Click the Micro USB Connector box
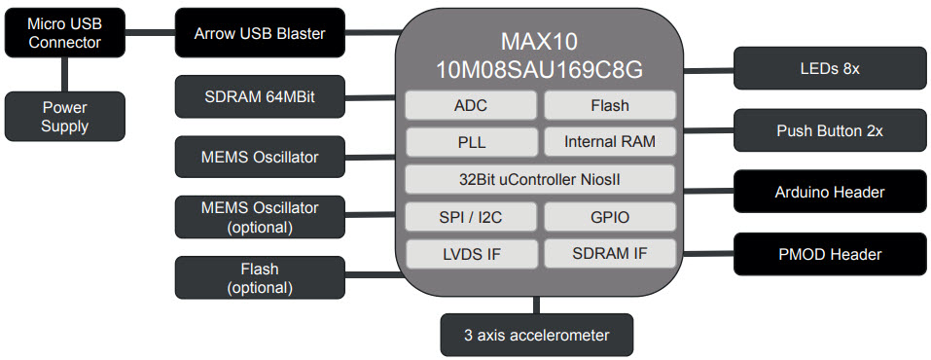(64, 33)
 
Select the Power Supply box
(64, 116)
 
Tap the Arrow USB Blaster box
(259, 33)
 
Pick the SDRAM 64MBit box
(259, 96)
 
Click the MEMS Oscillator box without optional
(259, 157)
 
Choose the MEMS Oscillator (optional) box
(259, 216)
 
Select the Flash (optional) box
(259, 277)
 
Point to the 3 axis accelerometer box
(537, 336)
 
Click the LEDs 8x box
(829, 69)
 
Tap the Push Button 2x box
(829, 130)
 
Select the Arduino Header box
(829, 192)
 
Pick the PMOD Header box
(829, 254)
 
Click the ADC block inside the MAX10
(470, 105)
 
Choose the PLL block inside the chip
(470, 142)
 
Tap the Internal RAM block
(609, 142)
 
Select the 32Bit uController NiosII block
(539, 179)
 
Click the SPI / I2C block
(470, 217)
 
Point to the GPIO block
(609, 217)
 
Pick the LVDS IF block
(470, 254)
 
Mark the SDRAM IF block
(609, 253)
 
